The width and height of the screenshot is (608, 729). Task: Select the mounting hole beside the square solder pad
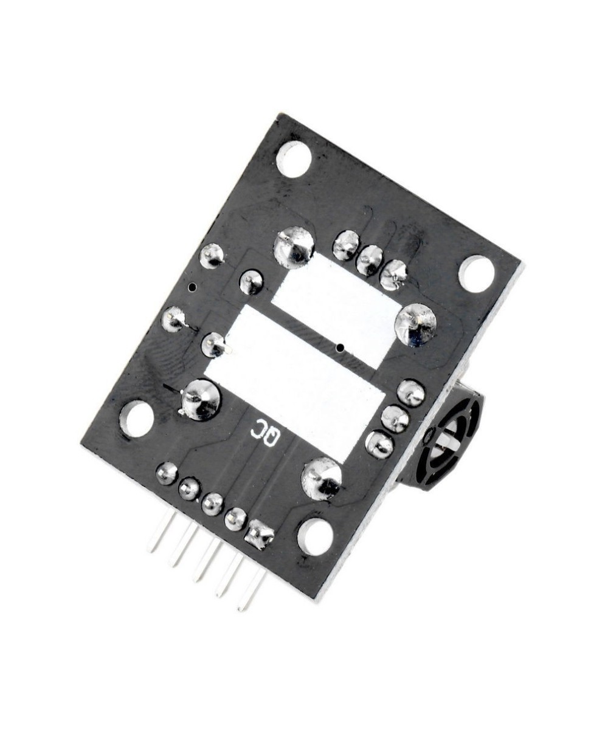(315, 534)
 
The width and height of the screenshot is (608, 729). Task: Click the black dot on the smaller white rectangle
(340, 347)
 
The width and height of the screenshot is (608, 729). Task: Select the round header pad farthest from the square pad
(167, 473)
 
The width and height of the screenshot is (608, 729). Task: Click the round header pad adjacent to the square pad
(235, 518)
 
